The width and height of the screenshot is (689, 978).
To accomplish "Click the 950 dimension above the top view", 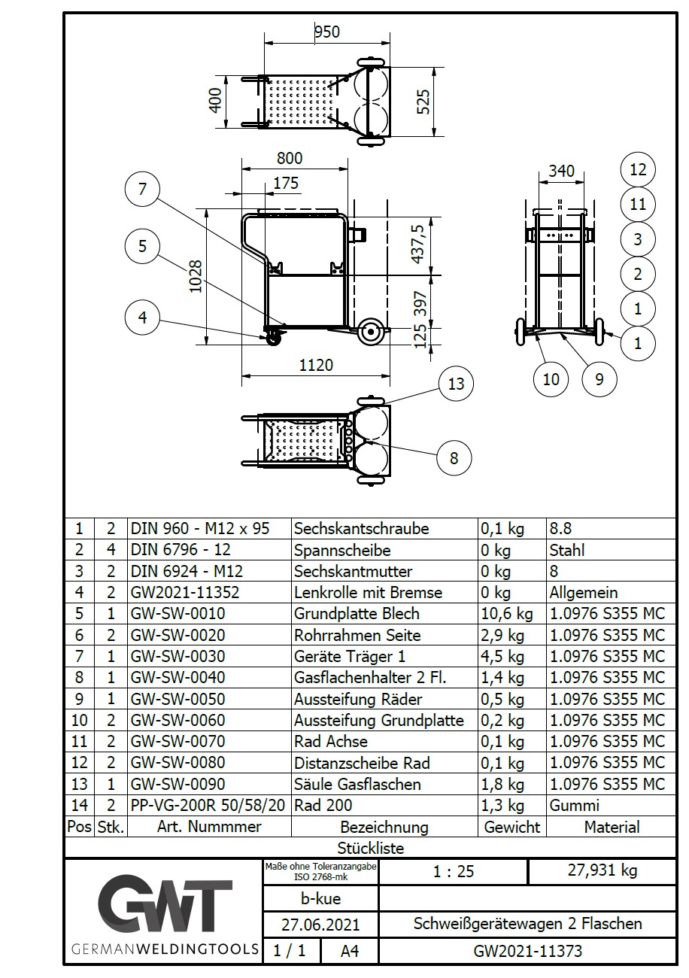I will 326,32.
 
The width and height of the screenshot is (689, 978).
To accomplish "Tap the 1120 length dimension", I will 316,366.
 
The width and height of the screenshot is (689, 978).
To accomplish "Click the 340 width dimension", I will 562,172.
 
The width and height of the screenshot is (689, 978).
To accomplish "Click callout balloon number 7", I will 143,189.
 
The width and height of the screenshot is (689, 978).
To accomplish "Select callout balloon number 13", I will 457,384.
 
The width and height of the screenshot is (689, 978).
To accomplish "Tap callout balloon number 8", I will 454,457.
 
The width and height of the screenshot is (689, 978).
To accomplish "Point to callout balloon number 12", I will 638,169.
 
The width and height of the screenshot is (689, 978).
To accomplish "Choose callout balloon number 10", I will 551,378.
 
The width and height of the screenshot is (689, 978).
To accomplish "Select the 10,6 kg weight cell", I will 503,614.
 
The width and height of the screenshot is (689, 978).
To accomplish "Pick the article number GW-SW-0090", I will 178,784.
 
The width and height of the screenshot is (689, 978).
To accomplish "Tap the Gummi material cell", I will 575,805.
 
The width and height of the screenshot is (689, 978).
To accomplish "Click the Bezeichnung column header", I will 384,827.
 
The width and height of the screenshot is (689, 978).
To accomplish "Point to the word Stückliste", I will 371,848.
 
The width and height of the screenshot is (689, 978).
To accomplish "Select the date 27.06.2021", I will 320,924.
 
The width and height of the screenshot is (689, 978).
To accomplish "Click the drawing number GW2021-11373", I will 528,952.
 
